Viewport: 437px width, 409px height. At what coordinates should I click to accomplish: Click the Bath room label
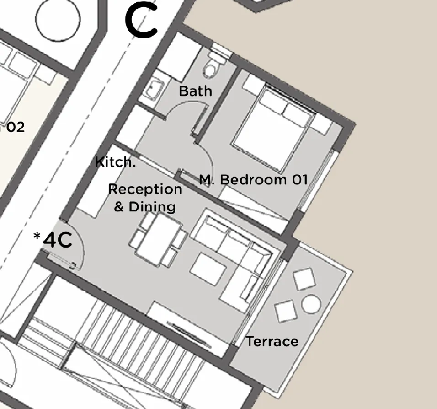click(195, 91)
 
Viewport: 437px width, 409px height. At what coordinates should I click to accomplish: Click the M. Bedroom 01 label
click(253, 179)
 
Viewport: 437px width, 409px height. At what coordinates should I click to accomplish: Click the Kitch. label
click(115, 162)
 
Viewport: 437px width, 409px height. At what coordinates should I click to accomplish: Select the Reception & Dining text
click(144, 198)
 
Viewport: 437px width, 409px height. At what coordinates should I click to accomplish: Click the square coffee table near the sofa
click(208, 269)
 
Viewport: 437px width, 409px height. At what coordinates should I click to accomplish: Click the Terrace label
click(272, 341)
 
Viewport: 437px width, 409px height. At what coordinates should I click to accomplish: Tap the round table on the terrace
click(311, 304)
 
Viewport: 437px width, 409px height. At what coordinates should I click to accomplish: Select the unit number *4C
click(53, 240)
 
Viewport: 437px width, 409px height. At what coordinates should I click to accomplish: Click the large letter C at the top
click(141, 21)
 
